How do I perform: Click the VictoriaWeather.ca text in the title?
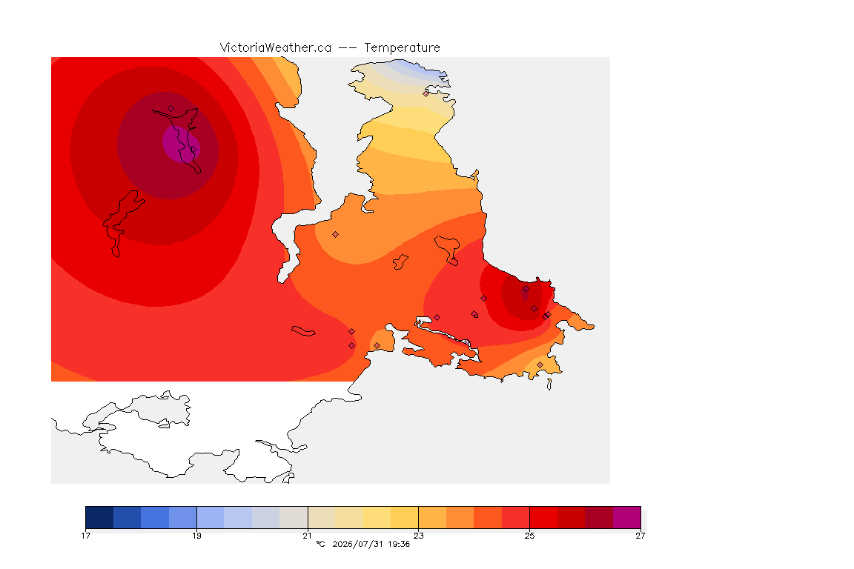coord(276,48)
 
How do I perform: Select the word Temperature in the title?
coord(402,48)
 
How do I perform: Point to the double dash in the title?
coord(348,48)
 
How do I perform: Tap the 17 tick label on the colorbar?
coord(85,536)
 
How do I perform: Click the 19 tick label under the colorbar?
coord(196,536)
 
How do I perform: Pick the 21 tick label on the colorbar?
coord(308,536)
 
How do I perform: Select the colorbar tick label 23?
coord(418,536)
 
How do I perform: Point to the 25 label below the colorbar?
coord(529,536)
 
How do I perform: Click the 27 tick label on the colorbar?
coord(640,536)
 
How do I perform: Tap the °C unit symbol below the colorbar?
coord(320,544)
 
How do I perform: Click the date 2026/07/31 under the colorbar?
coord(358,544)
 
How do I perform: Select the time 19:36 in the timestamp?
coord(399,544)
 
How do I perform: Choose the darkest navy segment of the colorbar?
coord(99,517)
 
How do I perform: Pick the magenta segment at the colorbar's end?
coord(627,517)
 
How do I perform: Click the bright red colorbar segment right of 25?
coord(543,517)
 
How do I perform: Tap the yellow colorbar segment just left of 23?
coord(405,517)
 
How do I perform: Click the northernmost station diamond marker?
coord(426,93)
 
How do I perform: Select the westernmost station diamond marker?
coord(171,109)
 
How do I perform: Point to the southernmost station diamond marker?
coord(540,365)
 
